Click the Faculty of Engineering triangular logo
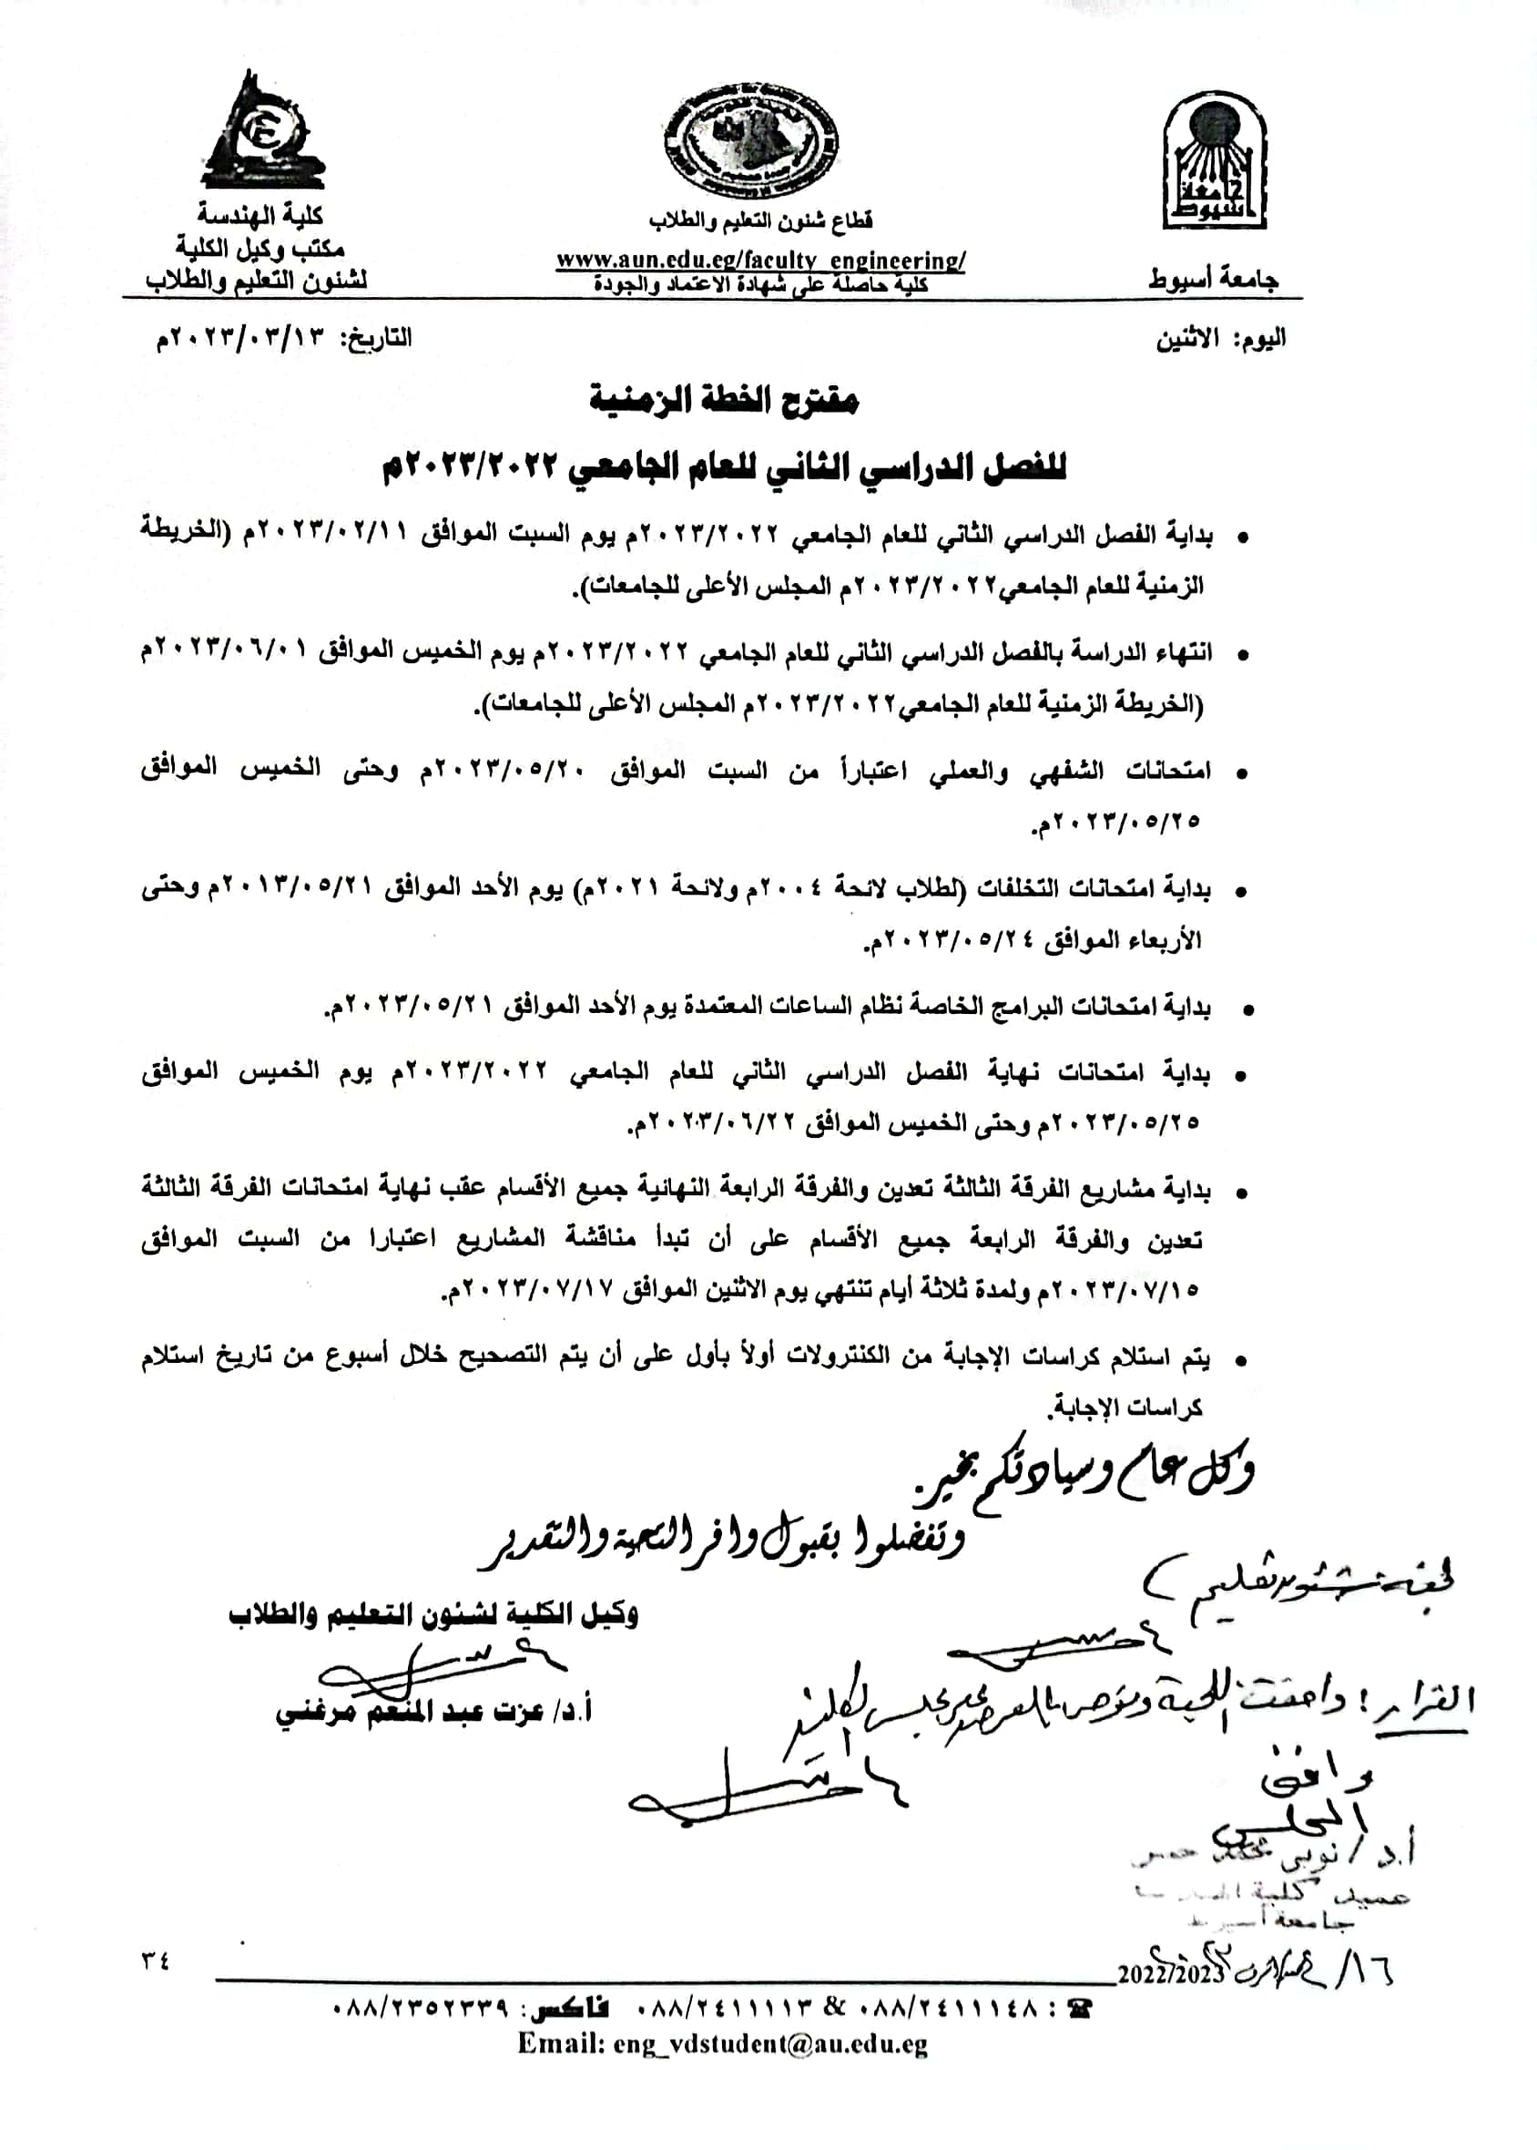260,132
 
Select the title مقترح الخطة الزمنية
724,400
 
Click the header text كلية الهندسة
260,216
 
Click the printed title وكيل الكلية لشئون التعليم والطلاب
433,1614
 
